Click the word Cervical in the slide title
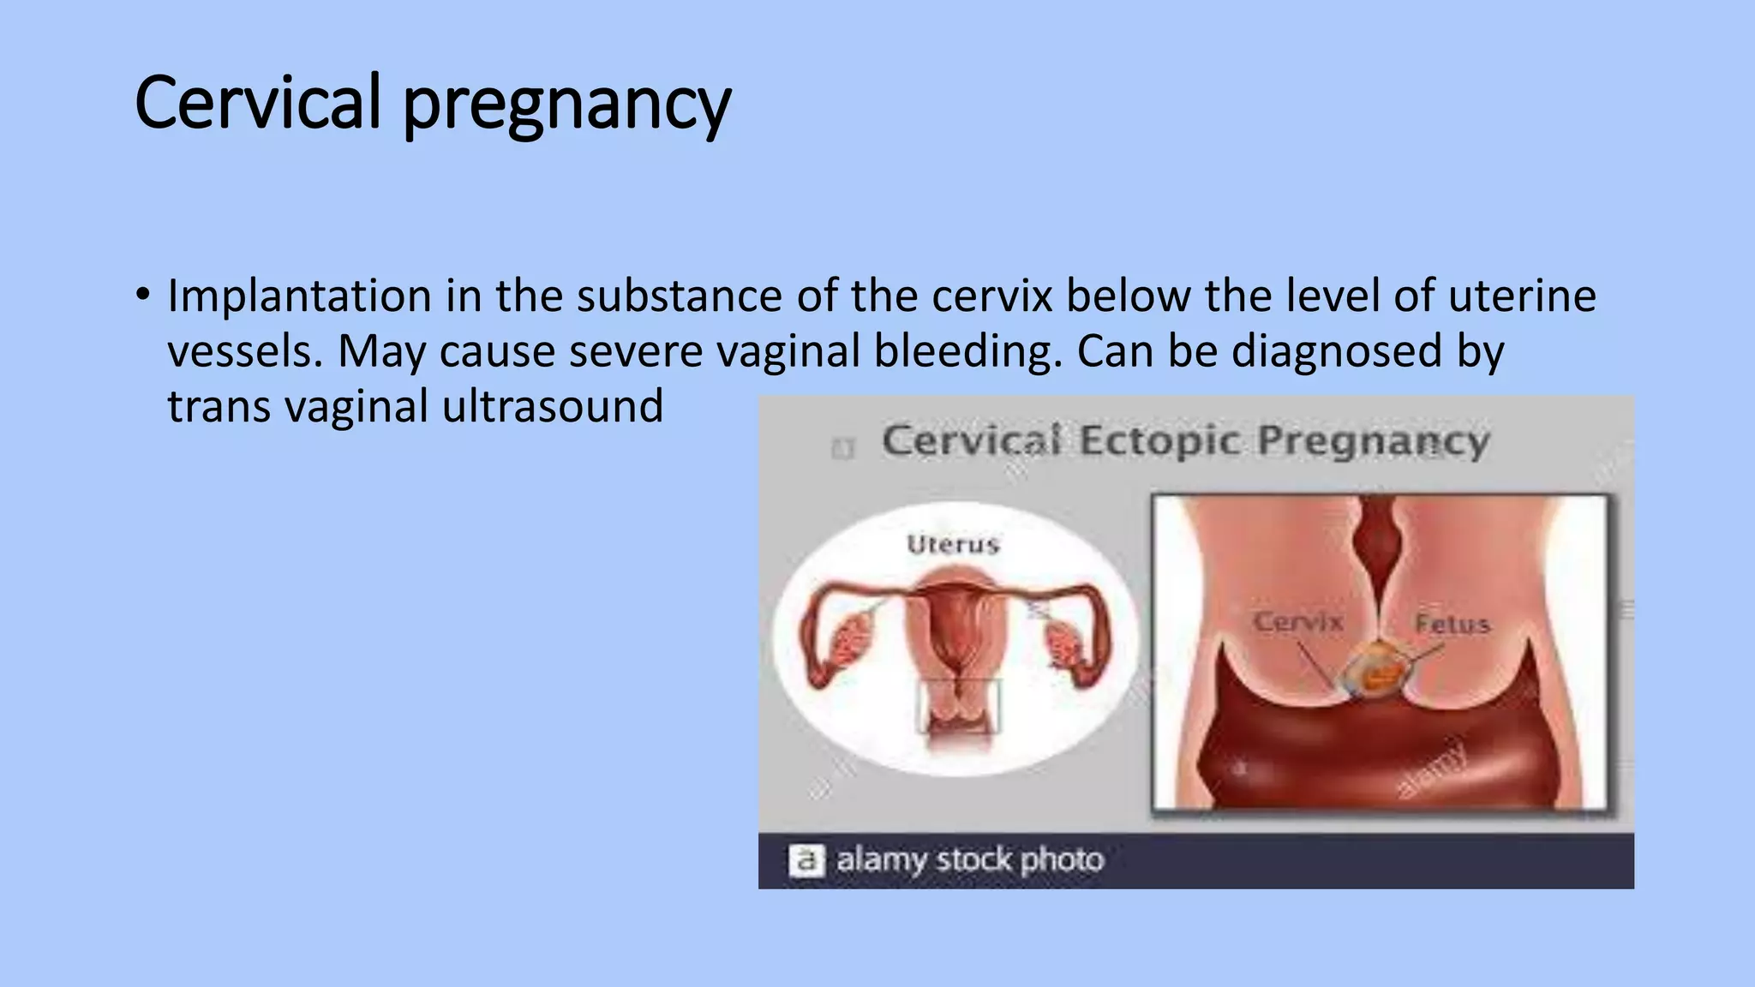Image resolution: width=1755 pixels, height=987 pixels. pos(257,103)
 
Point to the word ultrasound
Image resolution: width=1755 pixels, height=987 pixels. pos(553,406)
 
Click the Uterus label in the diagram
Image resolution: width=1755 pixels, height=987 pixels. pos(953,545)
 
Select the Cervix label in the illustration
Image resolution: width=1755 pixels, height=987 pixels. pos(1297,622)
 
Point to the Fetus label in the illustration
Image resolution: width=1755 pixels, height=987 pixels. pos(1453,624)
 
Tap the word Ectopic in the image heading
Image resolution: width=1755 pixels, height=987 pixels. pos(1159,441)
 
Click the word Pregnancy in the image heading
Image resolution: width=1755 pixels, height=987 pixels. pos(1374,441)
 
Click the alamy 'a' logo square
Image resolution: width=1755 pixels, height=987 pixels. pos(806,860)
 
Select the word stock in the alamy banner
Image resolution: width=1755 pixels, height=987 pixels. pos(973,859)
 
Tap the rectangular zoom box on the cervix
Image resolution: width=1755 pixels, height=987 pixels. pos(958,706)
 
